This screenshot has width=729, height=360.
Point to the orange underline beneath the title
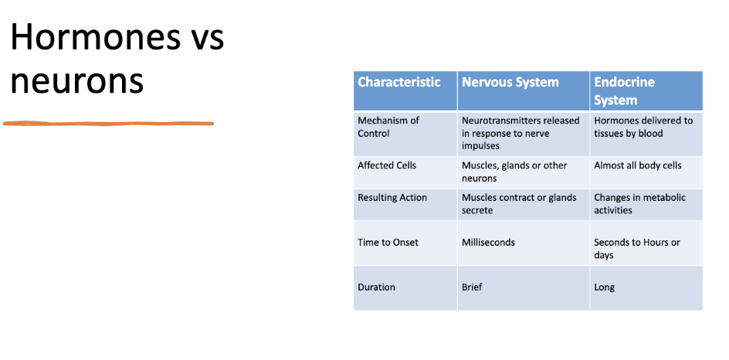(x=108, y=122)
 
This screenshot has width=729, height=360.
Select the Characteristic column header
(x=399, y=82)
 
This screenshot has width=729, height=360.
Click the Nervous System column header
(x=510, y=82)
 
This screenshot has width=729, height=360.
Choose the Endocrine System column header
(x=624, y=90)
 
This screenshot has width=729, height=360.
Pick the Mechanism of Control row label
(x=388, y=127)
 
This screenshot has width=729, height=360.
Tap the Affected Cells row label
(x=387, y=165)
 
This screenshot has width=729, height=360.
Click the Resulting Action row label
(x=392, y=198)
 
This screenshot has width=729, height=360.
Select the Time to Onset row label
(x=388, y=243)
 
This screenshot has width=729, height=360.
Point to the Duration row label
(x=376, y=287)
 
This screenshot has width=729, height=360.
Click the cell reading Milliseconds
(x=488, y=243)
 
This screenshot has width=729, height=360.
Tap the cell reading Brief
(x=472, y=287)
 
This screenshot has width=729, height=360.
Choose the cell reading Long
(x=605, y=287)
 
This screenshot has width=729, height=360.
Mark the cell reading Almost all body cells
(x=638, y=165)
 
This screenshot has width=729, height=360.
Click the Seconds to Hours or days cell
(x=637, y=249)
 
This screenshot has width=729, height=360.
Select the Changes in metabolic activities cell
(x=639, y=204)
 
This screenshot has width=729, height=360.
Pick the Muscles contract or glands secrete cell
(x=519, y=204)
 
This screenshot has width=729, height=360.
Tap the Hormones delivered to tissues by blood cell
(x=643, y=127)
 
